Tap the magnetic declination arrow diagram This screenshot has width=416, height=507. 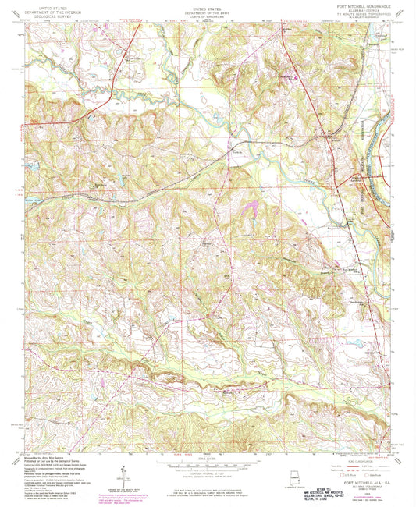click(124, 471)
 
